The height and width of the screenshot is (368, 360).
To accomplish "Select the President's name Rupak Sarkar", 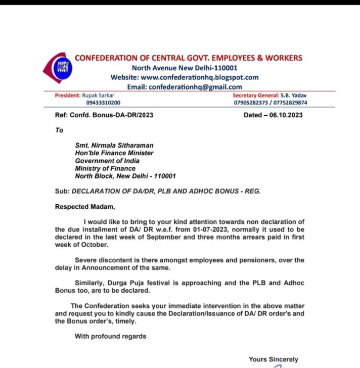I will tap(100, 95).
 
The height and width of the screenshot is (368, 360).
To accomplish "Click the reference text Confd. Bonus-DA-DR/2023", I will tap(112, 115).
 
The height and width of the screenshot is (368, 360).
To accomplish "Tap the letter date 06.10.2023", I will tap(285, 115).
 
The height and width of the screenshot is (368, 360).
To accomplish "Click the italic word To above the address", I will tap(60, 130).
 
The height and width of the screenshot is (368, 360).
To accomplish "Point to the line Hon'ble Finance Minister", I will tap(114, 153).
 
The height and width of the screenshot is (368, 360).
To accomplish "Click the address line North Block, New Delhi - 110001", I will tap(125, 176).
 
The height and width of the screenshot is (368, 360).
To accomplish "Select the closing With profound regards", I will tap(110, 336).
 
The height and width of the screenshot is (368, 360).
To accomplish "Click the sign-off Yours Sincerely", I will tap(274, 359).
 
